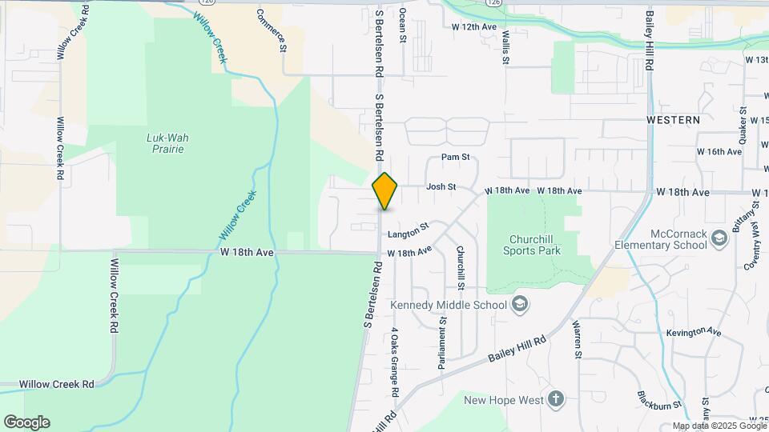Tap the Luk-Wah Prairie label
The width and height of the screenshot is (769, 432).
(x=167, y=143)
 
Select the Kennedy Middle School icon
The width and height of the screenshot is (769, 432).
(x=520, y=304)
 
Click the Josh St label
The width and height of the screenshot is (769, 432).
(x=441, y=186)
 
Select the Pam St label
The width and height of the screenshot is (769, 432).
(x=453, y=158)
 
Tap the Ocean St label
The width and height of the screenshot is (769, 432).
(x=402, y=25)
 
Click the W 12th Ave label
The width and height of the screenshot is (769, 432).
(x=475, y=26)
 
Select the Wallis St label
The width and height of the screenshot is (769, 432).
(x=506, y=43)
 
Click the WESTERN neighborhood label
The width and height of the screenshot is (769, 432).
(x=673, y=120)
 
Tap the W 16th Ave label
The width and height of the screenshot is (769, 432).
(x=719, y=151)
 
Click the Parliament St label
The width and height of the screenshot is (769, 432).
(x=441, y=342)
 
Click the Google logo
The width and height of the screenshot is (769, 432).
(x=26, y=422)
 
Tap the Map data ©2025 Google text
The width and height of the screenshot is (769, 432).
(x=719, y=426)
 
